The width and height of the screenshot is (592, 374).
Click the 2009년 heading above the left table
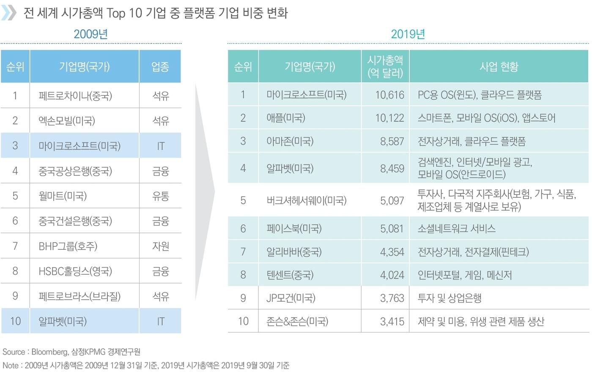pyautogui.click(x=90, y=34)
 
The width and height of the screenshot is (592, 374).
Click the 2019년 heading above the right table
pyautogui.click(x=408, y=34)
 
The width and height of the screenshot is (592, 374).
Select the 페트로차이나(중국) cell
pyautogui.click(x=75, y=96)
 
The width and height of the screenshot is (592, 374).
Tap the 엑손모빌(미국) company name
pyautogui.click(x=67, y=121)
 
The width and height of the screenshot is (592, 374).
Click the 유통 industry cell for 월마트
pyautogui.click(x=160, y=196)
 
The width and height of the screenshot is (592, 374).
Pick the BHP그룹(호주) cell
pyautogui.click(x=68, y=246)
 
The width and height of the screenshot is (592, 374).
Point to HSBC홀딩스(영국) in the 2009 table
pyautogui.click(x=75, y=271)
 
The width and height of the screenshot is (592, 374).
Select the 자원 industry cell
pyautogui.click(x=160, y=246)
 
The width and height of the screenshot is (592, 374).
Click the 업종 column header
pyautogui.click(x=160, y=66)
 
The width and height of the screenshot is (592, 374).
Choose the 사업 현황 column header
pyautogui.click(x=499, y=66)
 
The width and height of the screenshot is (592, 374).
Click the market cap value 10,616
pyautogui.click(x=389, y=95)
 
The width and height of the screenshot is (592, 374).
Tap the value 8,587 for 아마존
pyautogui.click(x=392, y=141)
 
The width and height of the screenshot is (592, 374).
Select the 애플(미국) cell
pyautogui.click(x=285, y=118)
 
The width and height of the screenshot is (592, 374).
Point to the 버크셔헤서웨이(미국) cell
pyautogui.click(x=306, y=200)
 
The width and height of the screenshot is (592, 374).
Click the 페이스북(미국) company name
pyautogui.click(x=294, y=229)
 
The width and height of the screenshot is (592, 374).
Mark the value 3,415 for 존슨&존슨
pyautogui.click(x=392, y=322)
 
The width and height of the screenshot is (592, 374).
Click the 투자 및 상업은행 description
pyautogui.click(x=449, y=298)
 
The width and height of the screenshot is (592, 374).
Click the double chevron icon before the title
pyautogui.click(x=8, y=13)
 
